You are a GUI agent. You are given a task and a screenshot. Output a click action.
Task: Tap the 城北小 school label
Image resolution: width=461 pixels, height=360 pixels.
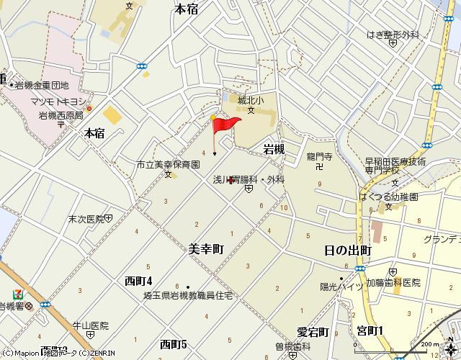click(x=251, y=100)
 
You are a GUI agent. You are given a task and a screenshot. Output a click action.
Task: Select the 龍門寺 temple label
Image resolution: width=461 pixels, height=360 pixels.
click(x=318, y=156)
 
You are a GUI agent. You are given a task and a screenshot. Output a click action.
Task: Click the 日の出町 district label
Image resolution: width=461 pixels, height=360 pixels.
click(x=348, y=251)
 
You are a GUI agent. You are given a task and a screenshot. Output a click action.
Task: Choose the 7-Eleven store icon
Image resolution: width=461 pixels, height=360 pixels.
click(x=17, y=294)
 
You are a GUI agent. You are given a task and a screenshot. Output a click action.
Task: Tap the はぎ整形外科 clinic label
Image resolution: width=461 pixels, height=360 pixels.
click(x=392, y=33)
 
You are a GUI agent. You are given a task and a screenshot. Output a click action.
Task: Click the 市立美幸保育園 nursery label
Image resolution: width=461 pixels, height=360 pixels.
click(x=168, y=165)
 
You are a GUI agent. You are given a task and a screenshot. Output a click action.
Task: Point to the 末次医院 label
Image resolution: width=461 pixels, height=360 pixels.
click(x=86, y=217)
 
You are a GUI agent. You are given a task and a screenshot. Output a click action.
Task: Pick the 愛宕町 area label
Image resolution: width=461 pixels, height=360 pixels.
click(x=313, y=332)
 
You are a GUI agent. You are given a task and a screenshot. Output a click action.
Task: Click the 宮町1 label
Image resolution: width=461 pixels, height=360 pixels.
click(x=370, y=330)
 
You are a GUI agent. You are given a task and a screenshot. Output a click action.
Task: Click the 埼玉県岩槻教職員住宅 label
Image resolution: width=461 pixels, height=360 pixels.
click(x=187, y=296)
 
